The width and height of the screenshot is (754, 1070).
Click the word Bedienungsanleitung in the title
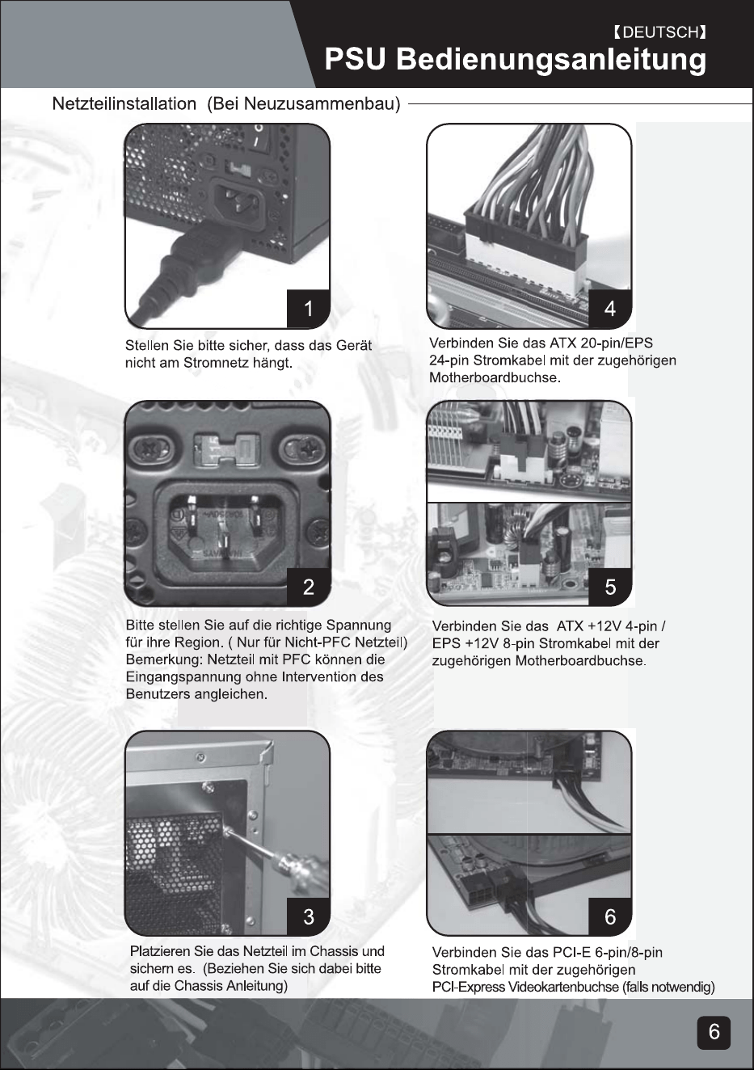(551, 61)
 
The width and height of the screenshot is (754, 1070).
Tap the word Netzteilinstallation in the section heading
(124, 103)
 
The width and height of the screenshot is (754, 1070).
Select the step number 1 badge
(308, 309)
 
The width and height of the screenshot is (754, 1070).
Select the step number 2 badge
(308, 586)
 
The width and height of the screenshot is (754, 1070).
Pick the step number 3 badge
(308, 916)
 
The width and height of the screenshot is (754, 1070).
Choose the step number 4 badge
(609, 309)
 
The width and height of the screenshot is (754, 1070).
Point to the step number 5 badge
(609, 587)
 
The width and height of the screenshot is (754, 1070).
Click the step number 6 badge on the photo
(609, 916)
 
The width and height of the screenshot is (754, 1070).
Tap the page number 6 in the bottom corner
(714, 1032)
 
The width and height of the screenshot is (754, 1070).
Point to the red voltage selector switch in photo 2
(224, 450)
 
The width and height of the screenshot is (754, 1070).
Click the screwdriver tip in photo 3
(226, 831)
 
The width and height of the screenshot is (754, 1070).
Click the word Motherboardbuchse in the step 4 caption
(494, 378)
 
